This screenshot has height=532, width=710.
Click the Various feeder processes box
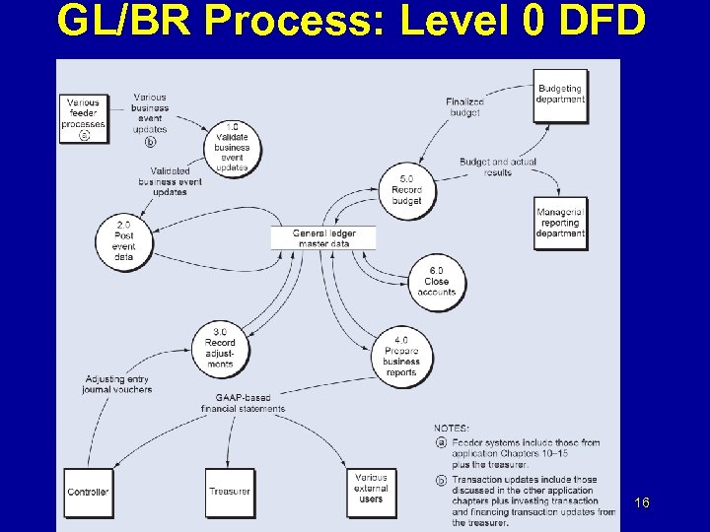point(84,118)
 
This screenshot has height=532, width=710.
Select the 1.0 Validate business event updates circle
point(233,147)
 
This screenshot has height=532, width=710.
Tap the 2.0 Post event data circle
point(123,240)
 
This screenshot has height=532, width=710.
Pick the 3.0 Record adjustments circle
point(220,348)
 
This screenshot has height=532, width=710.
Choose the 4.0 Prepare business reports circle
point(401,356)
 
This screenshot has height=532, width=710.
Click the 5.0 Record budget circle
point(406,189)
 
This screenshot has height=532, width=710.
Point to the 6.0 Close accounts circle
point(436,281)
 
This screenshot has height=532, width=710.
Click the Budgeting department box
point(559,95)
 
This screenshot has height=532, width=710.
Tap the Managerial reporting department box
point(559,223)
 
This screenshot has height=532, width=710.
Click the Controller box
point(88,492)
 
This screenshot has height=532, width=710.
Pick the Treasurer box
point(229,492)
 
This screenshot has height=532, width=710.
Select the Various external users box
point(371,492)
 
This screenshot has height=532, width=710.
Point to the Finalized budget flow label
point(464,106)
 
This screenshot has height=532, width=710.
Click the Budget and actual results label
point(498,166)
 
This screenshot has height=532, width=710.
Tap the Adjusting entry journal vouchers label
point(117,384)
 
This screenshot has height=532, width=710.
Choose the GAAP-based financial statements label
point(243,403)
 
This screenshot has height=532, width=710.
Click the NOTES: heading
point(452,428)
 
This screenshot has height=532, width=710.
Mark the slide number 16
point(642,503)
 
